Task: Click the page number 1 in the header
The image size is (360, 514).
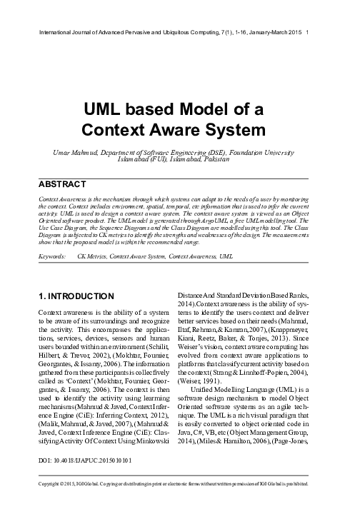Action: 307,33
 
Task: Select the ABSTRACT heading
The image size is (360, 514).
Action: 66,183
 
